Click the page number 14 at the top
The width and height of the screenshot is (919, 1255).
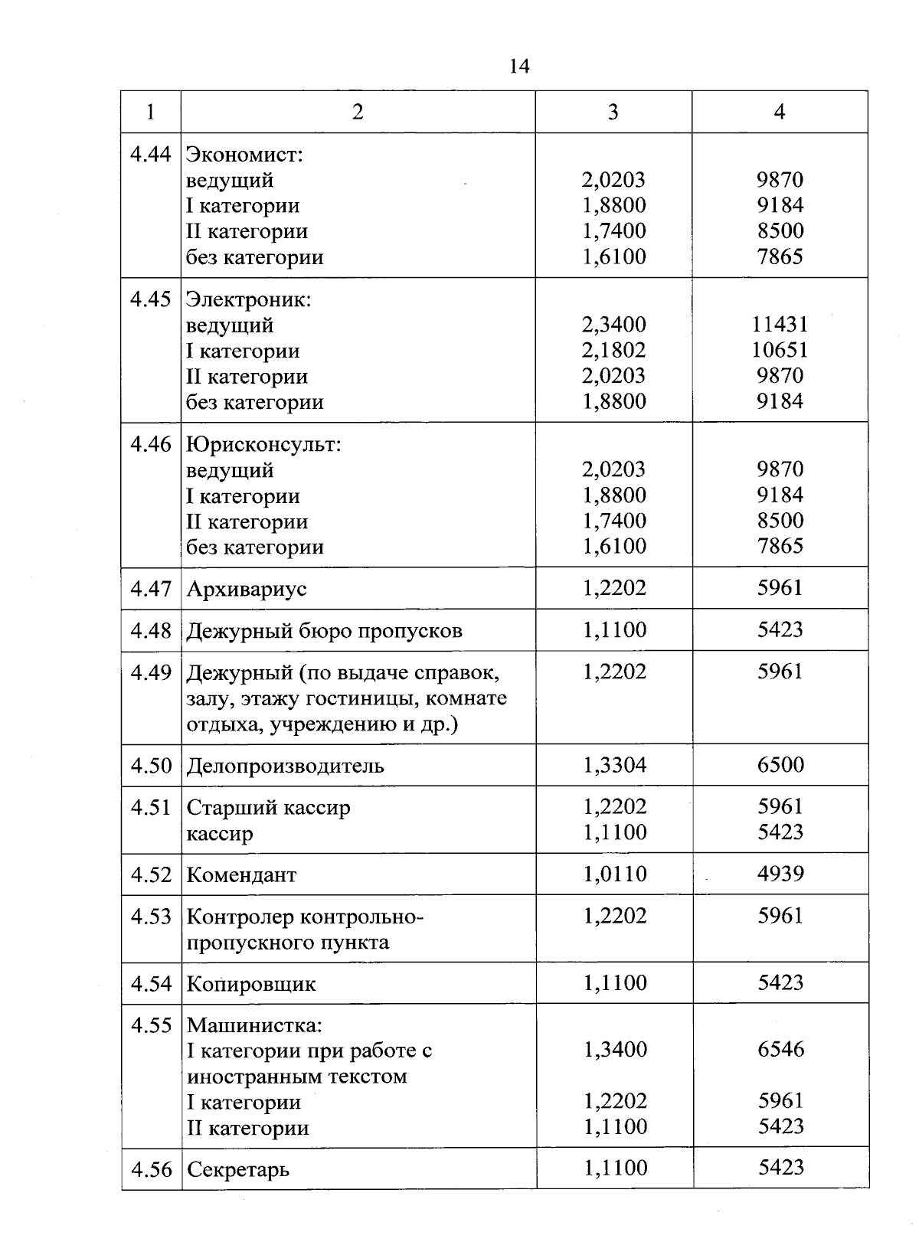518,67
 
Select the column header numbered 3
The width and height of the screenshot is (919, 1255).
613,112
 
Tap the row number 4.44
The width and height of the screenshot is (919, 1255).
150,154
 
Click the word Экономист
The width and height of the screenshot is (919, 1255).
244,155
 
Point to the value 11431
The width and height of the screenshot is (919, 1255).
780,324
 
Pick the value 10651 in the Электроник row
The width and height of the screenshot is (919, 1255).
780,350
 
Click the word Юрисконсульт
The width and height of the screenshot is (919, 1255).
263,444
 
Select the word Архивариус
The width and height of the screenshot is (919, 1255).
247,589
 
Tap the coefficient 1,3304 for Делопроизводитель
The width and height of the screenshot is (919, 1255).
614,765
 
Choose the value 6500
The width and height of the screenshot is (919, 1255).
780,765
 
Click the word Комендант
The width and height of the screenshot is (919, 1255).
241,874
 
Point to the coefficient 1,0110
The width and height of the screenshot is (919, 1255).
614,874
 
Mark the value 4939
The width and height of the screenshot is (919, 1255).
780,874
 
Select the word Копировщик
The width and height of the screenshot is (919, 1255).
250,984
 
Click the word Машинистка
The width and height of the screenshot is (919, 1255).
254,1025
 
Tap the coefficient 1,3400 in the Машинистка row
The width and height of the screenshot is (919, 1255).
615,1049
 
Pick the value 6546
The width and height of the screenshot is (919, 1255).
781,1049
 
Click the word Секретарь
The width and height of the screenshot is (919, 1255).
238,1170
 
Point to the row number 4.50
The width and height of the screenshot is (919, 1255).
151,765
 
